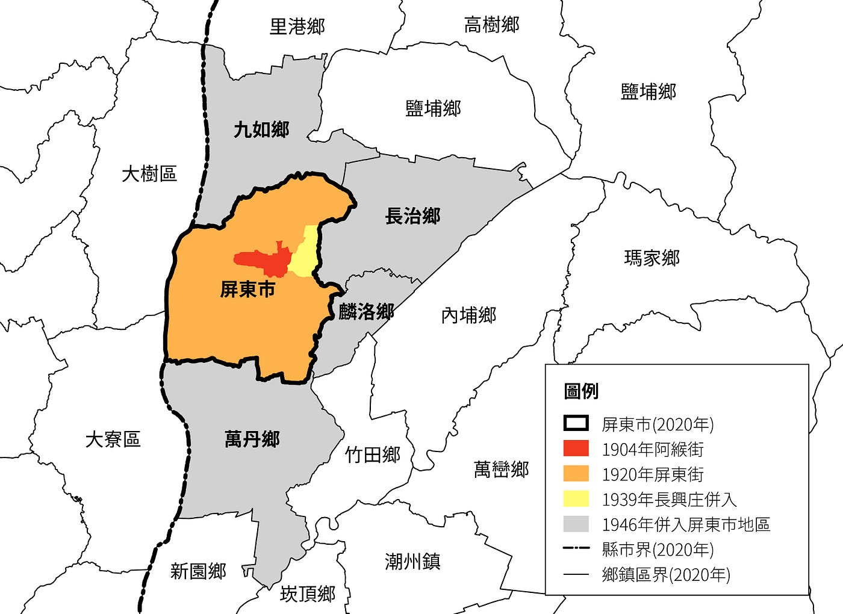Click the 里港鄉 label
[x=297, y=26]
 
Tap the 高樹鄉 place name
[x=491, y=25]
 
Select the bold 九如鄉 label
[x=261, y=129]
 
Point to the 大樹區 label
[x=149, y=174]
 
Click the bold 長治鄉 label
[x=412, y=216]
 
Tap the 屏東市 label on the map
[x=247, y=290]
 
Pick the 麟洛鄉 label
[x=366, y=311]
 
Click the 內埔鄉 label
[x=468, y=315]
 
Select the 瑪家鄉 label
[x=652, y=258]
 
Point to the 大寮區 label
[x=113, y=439]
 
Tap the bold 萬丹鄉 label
[x=252, y=439]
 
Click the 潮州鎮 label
[x=412, y=562]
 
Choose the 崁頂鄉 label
[x=307, y=594]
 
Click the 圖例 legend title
[x=581, y=391]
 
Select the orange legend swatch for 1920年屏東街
[x=576, y=474]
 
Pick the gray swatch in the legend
[x=576, y=524]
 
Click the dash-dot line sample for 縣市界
[x=576, y=549]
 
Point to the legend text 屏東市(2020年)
[x=658, y=424]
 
